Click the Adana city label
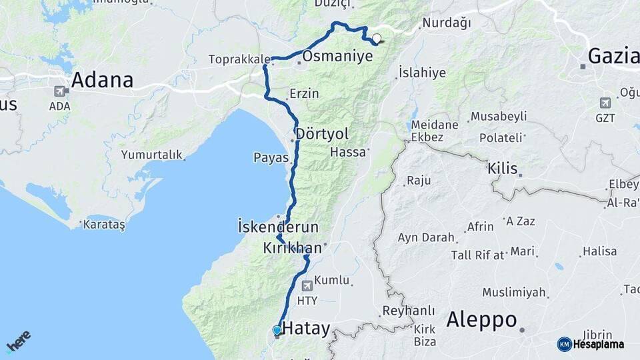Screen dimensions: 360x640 coord(102,81)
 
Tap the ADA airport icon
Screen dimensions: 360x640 coord(60,91)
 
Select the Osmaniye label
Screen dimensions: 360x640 coord(337,57)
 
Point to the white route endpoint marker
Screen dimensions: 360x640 coord(377,38)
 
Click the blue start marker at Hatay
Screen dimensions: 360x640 coord(277,330)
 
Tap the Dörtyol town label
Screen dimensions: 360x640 coord(322,133)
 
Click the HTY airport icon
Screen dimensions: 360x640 coord(307,287)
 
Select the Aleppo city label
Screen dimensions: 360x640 coord(481,320)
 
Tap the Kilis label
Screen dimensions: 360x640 coord(503,168)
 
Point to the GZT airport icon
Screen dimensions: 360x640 coord(605,103)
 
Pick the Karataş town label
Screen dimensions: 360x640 coord(104,225)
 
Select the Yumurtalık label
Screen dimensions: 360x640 coord(152,155)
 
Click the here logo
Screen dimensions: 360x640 coord(18,341)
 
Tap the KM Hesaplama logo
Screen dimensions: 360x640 coord(591,344)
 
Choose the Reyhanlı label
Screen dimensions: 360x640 coord(408,311)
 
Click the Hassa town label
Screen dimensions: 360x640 coord(348,152)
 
